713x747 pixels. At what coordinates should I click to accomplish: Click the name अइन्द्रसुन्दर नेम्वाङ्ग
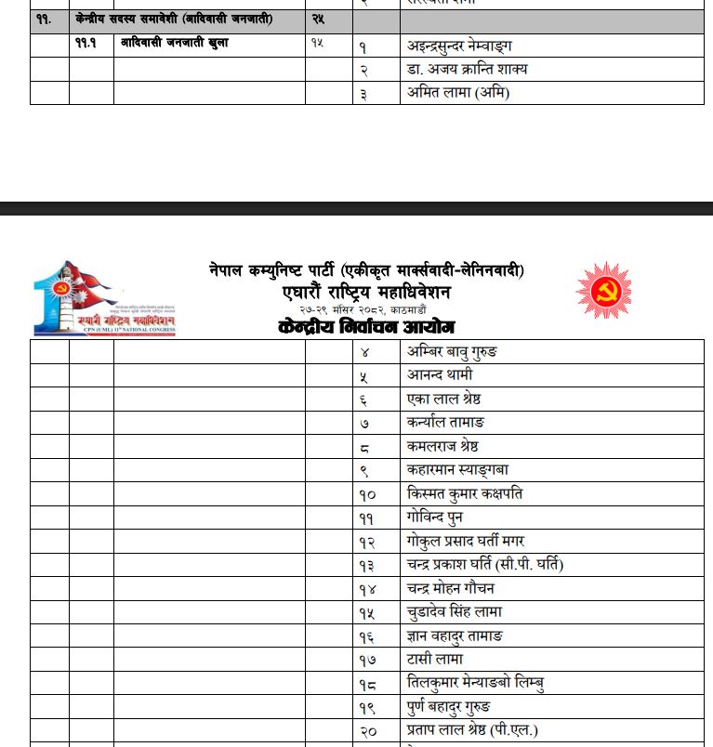point(459,46)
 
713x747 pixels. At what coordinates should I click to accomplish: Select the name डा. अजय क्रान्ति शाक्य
point(468,70)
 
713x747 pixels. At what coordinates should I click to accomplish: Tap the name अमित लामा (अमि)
point(458,93)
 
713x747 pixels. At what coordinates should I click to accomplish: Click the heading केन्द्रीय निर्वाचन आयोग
point(366,327)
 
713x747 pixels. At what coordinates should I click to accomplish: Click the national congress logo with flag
point(105,298)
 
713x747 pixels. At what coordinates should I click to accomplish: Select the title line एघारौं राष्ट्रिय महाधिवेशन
point(366,293)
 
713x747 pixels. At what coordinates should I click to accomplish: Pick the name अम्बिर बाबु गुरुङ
point(452,351)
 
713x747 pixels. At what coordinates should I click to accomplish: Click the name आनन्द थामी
point(440,375)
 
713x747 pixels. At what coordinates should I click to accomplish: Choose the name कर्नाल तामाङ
point(446,423)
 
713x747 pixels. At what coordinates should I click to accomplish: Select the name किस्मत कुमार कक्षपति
point(465,493)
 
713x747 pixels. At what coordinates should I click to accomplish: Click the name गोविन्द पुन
point(434,518)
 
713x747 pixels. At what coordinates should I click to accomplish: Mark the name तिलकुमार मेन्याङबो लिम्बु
point(475,683)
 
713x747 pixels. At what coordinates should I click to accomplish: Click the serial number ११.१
point(86,44)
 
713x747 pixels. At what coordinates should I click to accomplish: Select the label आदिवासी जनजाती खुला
point(175,44)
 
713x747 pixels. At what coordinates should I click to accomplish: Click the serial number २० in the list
point(368,731)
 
